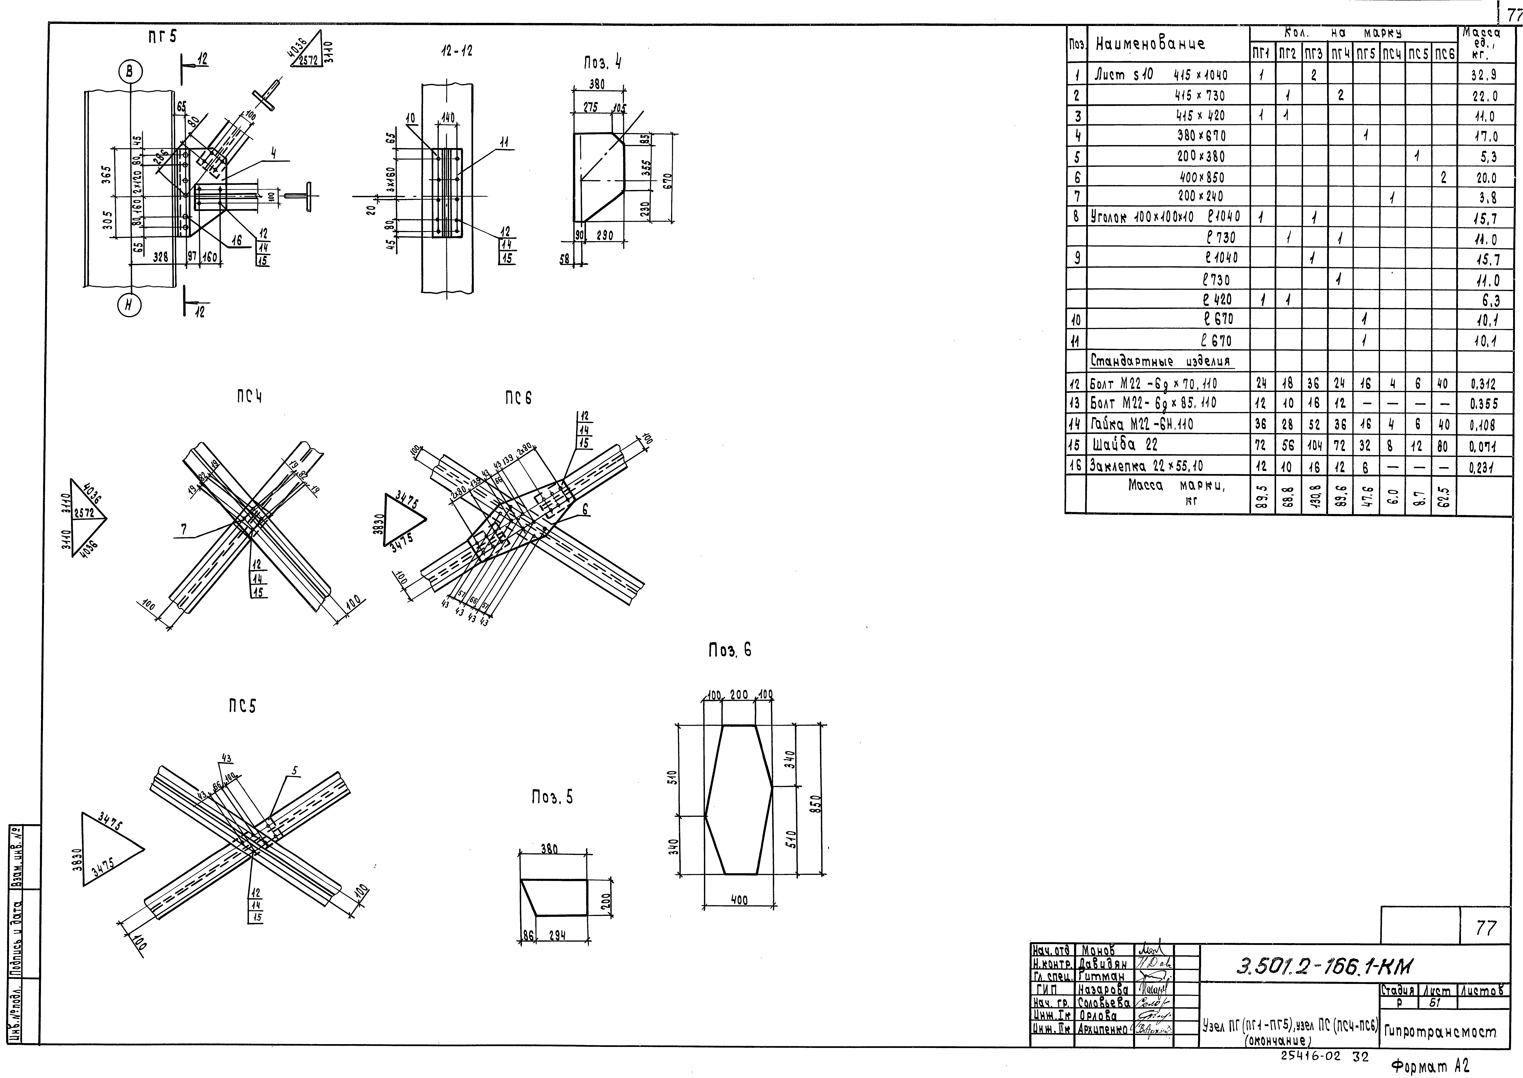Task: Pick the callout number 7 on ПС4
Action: (184, 529)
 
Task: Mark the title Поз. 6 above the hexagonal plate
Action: (730, 651)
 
